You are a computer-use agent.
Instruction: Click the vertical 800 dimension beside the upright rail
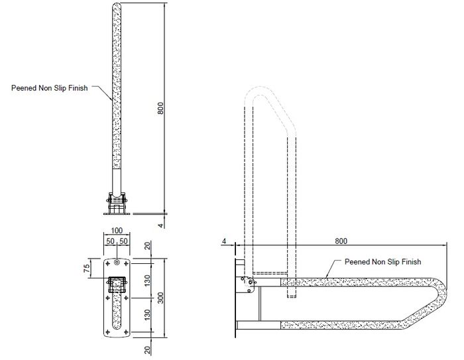pyautogui.click(x=160, y=108)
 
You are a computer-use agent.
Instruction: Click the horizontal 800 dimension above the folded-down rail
pyautogui.click(x=341, y=241)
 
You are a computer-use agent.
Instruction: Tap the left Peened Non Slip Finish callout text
pyautogui.click(x=50, y=88)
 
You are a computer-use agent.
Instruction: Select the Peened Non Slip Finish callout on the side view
pyautogui.click(x=382, y=262)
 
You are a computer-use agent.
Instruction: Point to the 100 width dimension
pyautogui.click(x=117, y=230)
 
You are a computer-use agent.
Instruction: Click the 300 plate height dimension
pyautogui.click(x=160, y=298)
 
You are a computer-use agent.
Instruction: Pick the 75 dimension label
pyautogui.click(x=86, y=269)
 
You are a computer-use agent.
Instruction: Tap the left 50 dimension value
pyautogui.click(x=110, y=241)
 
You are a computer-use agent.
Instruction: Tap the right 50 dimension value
pyautogui.click(x=123, y=241)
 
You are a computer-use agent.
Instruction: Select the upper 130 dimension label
pyautogui.click(x=147, y=280)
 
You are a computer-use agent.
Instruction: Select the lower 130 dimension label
pyautogui.click(x=147, y=315)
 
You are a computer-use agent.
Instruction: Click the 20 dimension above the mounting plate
pyautogui.click(x=147, y=246)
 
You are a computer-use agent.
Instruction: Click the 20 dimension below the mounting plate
pyautogui.click(x=147, y=350)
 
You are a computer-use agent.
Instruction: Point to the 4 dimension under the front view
pyautogui.click(x=160, y=225)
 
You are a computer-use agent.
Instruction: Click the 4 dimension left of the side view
pyautogui.click(x=224, y=241)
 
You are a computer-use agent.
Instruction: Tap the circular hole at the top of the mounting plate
pyautogui.click(x=117, y=262)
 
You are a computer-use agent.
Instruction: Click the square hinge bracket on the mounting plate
pyautogui.click(x=117, y=285)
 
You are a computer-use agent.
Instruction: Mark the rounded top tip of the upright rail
pyautogui.click(x=117, y=3)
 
